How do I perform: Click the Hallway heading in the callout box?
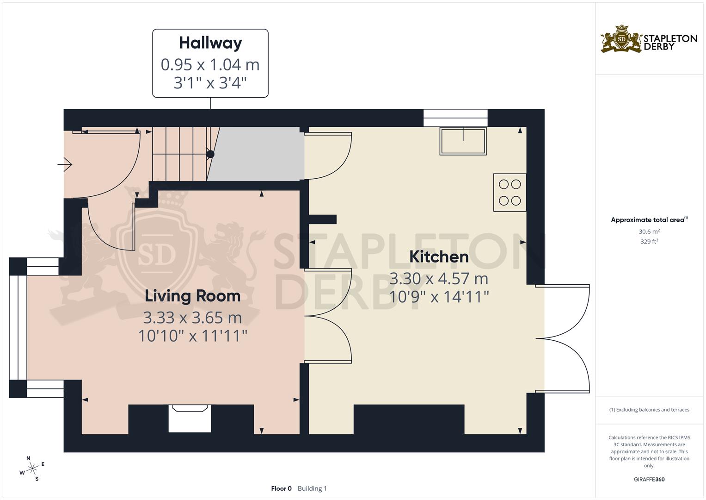click(210, 43)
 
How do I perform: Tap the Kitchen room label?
click(439, 256)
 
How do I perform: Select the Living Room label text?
click(192, 296)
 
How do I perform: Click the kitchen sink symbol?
click(463, 141)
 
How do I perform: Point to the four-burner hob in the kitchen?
click(510, 193)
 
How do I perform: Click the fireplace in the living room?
click(190, 418)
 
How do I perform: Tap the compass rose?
click(32, 469)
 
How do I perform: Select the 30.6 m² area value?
click(649, 231)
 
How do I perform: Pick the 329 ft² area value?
click(649, 242)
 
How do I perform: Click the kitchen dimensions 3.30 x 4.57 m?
click(439, 279)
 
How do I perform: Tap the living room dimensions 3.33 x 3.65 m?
click(192, 318)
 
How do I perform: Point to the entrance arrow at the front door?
click(65, 164)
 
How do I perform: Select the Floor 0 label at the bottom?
click(281, 488)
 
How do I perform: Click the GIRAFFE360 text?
click(649, 479)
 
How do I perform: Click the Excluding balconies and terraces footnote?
click(649, 410)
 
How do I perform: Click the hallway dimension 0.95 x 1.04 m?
click(210, 65)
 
